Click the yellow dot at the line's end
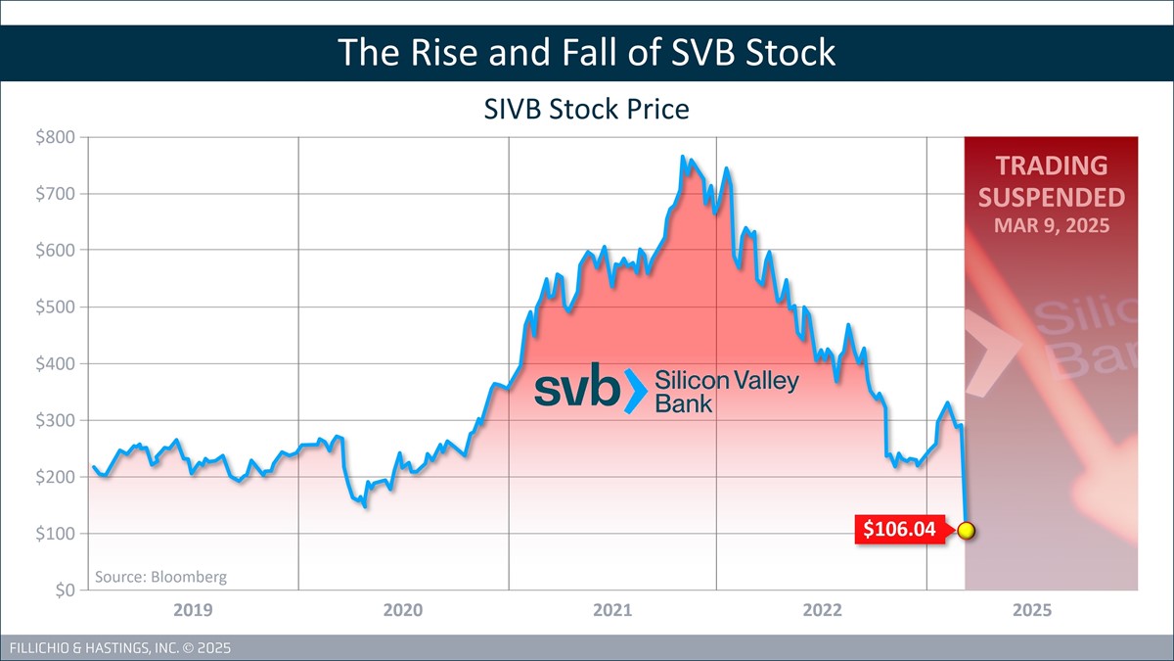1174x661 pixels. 967,531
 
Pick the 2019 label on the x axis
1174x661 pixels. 193,611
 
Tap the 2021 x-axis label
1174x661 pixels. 612,611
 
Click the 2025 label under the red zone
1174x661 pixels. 1032,611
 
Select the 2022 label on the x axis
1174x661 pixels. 822,611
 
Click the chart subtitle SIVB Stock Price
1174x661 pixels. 587,109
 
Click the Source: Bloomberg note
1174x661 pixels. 160,577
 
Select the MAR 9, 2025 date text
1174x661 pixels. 1051,225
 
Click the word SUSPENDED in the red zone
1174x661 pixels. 1051,197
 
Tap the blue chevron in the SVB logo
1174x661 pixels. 635,391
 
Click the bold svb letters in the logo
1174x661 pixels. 577,390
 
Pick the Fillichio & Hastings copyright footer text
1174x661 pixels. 118,648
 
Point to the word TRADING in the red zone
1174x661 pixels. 1051,165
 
